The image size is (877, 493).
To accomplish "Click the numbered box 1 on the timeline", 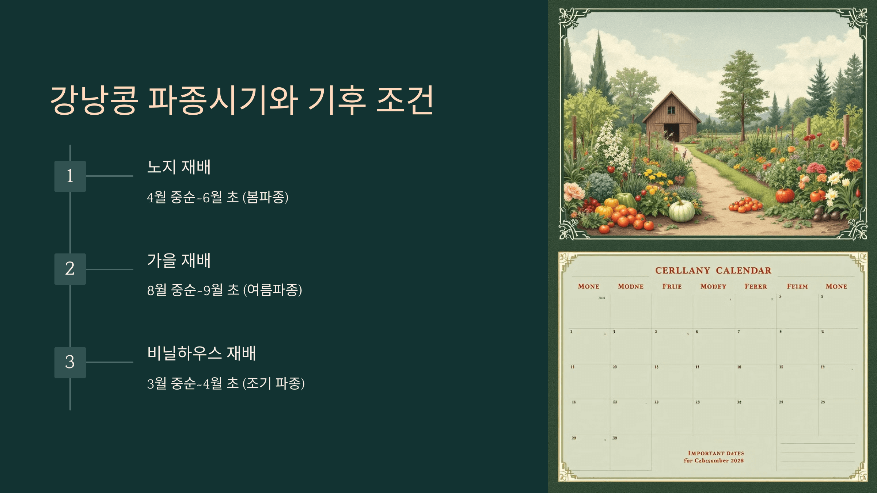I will tap(70, 176).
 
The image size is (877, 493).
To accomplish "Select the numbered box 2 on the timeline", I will tap(70, 269).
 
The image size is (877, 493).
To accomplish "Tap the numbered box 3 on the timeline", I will tap(70, 362).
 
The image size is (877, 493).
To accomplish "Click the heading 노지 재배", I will tap(179, 167).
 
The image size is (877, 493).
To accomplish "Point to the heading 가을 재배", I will tap(179, 260).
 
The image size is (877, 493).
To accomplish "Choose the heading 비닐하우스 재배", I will tap(201, 353).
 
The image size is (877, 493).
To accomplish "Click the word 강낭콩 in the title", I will tap(94, 100).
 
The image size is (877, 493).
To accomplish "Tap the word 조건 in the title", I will tap(405, 100).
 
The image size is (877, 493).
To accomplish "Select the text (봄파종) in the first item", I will tap(266, 198).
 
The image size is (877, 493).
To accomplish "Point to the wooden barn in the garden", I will tap(672, 117).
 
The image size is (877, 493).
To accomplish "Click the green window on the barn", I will tap(672, 110).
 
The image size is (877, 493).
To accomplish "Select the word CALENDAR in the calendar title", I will tap(744, 271).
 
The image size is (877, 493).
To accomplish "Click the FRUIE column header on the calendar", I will tap(672, 287).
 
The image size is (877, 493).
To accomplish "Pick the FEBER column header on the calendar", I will tap(756, 287).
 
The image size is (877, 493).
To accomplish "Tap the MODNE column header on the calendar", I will tap(631, 287).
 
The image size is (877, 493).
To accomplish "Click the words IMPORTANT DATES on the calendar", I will tap(715, 453).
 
